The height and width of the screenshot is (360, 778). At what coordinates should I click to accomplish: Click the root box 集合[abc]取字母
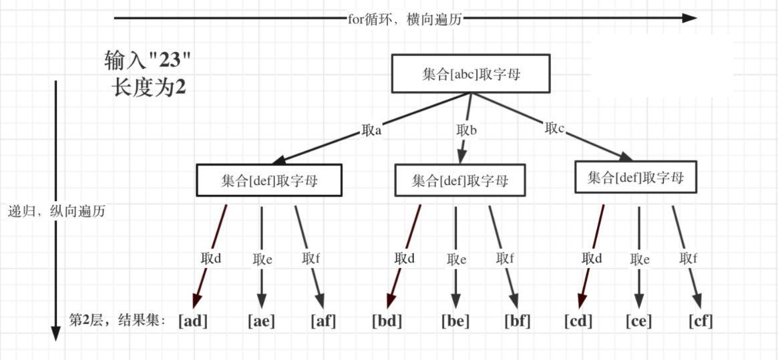[x=471, y=74]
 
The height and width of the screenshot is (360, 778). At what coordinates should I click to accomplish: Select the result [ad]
[x=193, y=321]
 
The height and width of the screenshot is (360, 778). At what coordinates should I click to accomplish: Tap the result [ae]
[x=261, y=321]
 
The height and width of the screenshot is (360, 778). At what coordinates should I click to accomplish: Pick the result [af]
[x=323, y=321]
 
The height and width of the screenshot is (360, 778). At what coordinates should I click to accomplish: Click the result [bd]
[x=387, y=321]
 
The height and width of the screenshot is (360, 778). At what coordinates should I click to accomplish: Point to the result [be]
[x=455, y=321]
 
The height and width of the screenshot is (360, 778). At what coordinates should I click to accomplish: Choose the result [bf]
[x=518, y=321]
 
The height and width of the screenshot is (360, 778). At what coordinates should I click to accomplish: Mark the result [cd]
[x=578, y=321]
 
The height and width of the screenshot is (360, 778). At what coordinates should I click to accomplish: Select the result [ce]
[x=639, y=321]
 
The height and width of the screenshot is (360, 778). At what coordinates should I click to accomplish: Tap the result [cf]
[x=701, y=321]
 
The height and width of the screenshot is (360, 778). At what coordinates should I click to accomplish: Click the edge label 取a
[x=371, y=131]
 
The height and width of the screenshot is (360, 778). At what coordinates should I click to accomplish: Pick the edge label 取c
[x=555, y=129]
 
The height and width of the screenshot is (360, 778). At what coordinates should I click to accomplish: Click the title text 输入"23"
[x=148, y=61]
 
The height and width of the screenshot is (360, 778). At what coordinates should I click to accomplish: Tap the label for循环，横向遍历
[x=405, y=19]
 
